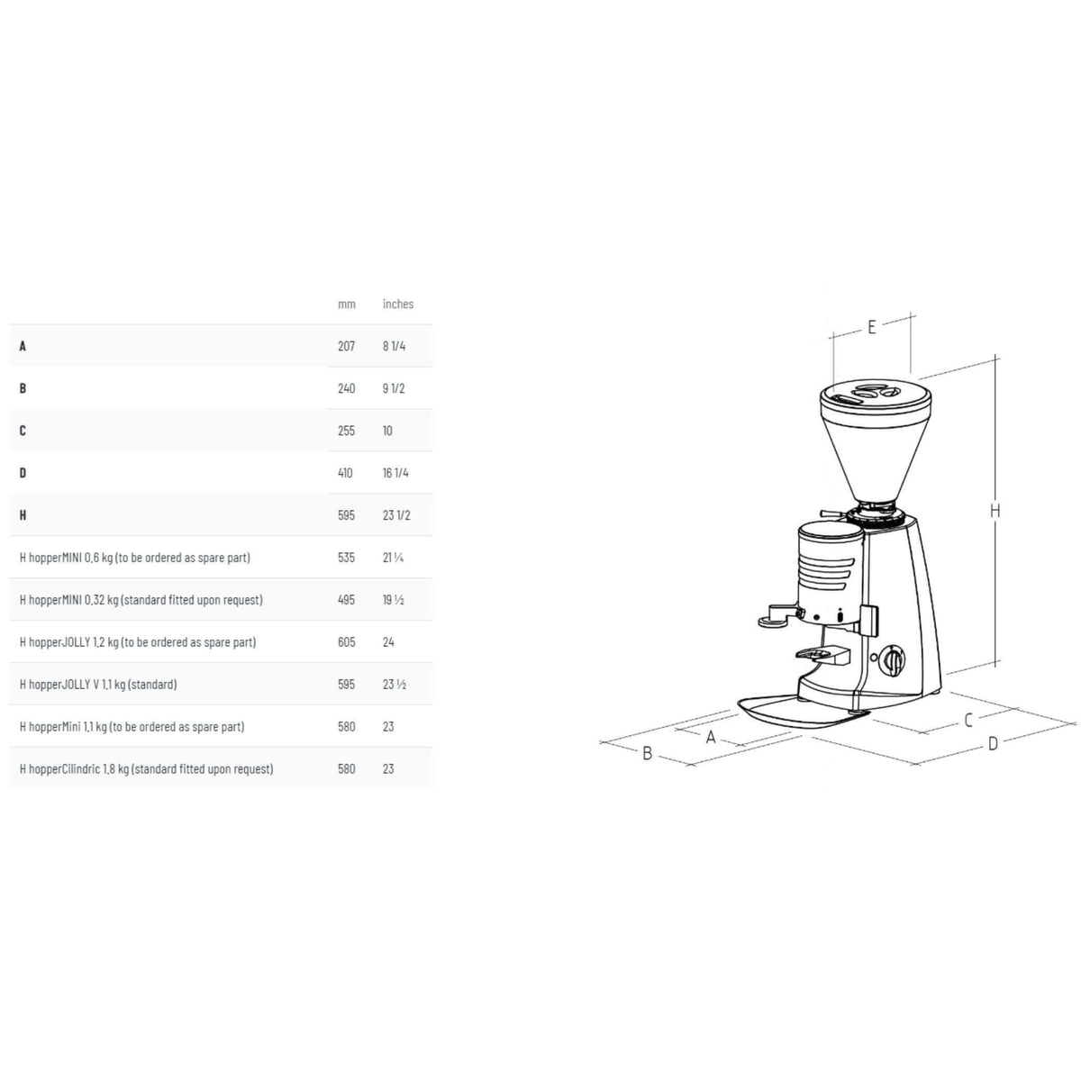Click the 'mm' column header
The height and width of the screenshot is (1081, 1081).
(347, 304)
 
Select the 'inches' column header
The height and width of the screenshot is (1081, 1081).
(398, 304)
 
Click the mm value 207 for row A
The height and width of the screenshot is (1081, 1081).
(347, 346)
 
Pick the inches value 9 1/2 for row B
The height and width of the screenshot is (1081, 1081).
(394, 388)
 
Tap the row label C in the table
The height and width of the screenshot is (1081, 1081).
(23, 431)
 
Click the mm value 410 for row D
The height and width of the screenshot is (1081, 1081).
(346, 473)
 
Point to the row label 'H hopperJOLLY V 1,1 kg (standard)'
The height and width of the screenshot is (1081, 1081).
(98, 685)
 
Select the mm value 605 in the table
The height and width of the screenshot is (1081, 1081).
(347, 642)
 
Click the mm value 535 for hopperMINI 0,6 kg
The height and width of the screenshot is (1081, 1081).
(347, 558)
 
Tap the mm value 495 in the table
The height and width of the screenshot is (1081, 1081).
(347, 600)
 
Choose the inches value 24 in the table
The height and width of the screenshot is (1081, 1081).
(389, 642)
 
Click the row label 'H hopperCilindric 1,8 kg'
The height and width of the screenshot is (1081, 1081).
(146, 769)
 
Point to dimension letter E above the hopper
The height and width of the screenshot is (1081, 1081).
(872, 327)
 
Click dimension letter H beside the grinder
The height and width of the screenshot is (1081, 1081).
(995, 511)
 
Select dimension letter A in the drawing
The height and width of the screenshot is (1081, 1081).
(711, 738)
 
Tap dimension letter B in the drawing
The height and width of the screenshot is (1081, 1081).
(647, 753)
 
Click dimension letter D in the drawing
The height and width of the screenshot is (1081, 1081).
(993, 744)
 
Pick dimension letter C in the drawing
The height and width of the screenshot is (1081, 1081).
(968, 721)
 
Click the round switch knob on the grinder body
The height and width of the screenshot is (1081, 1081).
(892, 660)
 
